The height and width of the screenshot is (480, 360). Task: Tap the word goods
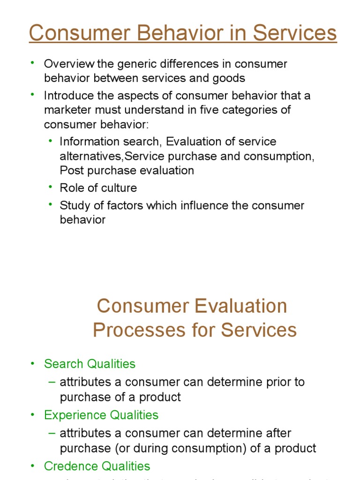click(x=228, y=78)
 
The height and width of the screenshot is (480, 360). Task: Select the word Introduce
click(x=67, y=96)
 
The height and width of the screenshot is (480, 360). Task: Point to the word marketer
click(x=67, y=110)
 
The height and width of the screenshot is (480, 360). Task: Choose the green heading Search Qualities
click(x=90, y=364)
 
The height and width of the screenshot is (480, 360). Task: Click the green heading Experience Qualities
click(x=101, y=415)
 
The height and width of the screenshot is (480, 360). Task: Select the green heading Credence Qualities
click(x=97, y=466)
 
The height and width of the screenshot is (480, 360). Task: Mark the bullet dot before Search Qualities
click(x=33, y=364)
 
